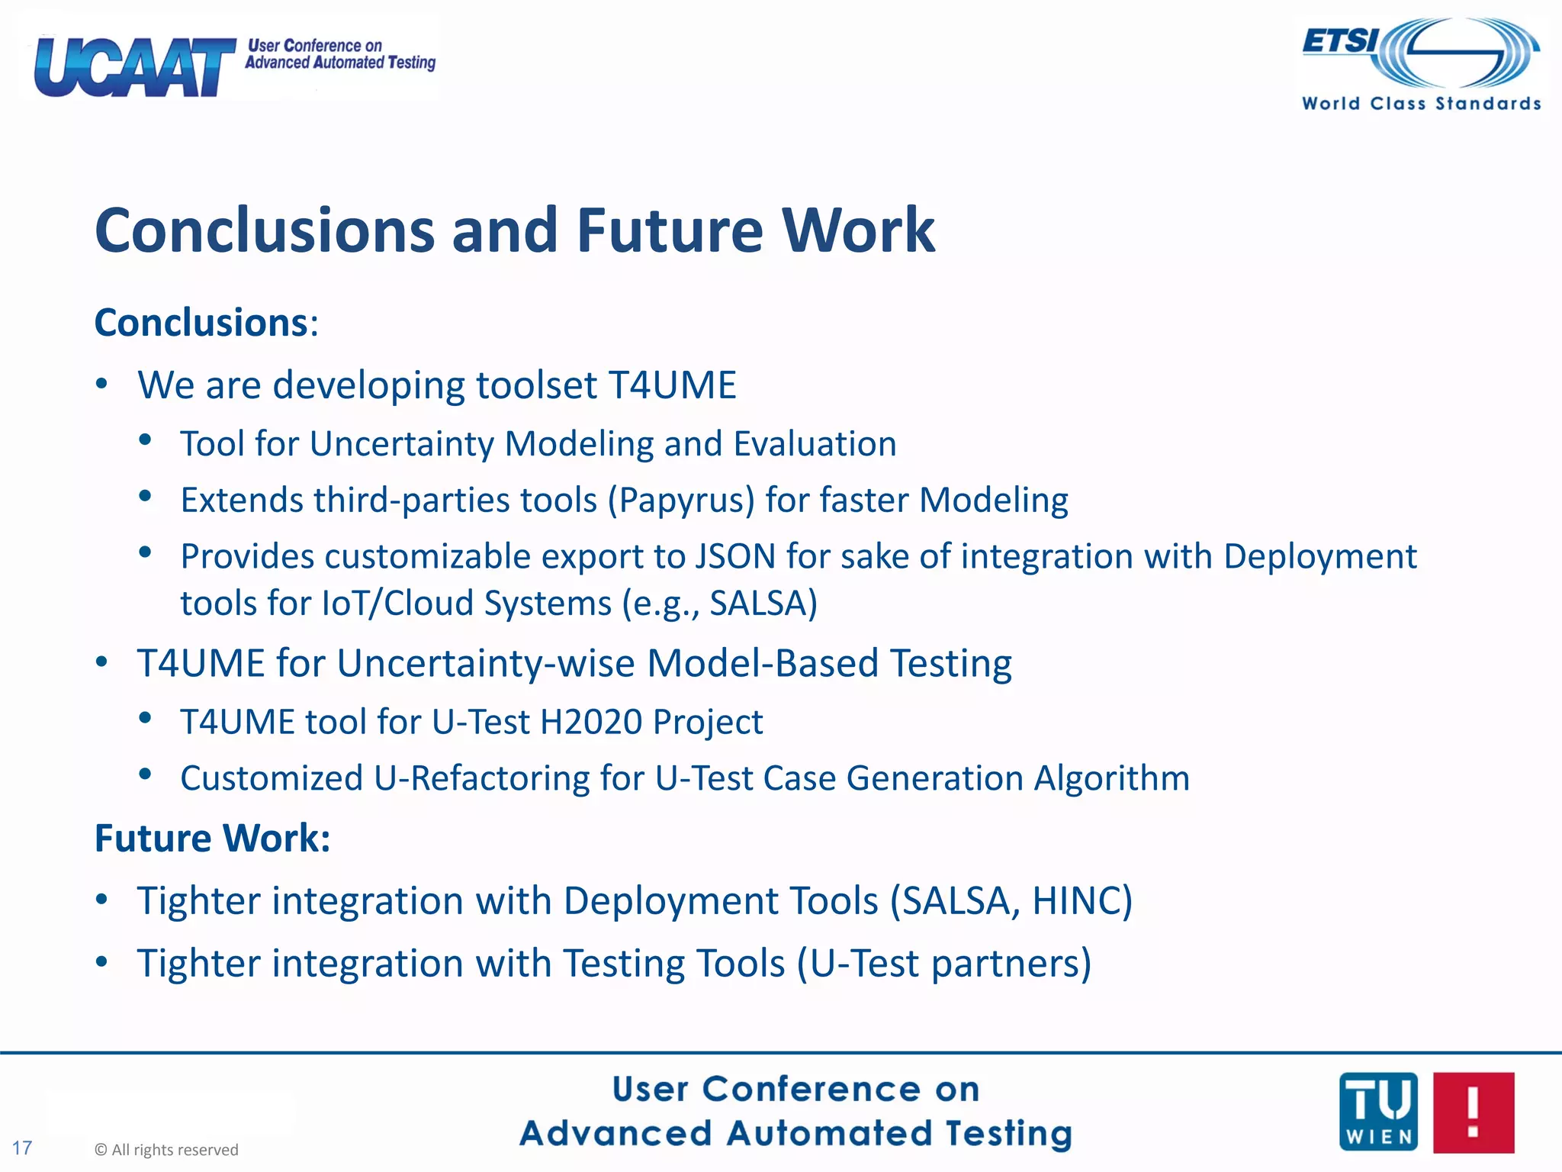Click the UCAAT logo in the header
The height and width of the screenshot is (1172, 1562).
click(134, 67)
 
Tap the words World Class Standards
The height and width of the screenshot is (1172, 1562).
click(1421, 104)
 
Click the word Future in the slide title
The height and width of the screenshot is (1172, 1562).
click(669, 230)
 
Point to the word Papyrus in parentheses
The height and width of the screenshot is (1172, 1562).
click(681, 501)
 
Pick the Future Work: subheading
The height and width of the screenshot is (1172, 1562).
click(212, 838)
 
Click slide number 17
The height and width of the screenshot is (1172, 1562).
click(22, 1148)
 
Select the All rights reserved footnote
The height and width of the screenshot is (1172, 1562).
click(166, 1150)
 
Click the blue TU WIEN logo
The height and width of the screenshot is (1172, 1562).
click(1377, 1112)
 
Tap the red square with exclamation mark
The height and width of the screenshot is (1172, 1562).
click(1473, 1112)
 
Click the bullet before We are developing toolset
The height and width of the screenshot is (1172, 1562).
click(102, 384)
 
